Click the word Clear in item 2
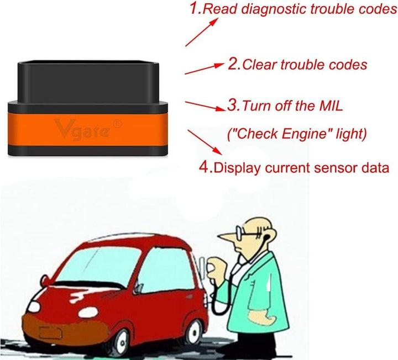(x=262, y=65)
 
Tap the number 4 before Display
(x=204, y=166)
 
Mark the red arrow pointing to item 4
(x=205, y=141)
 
